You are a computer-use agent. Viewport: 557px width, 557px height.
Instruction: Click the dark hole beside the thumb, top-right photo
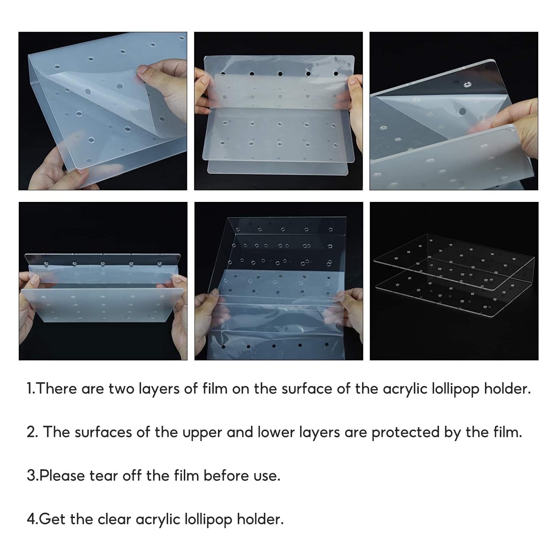462,111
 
